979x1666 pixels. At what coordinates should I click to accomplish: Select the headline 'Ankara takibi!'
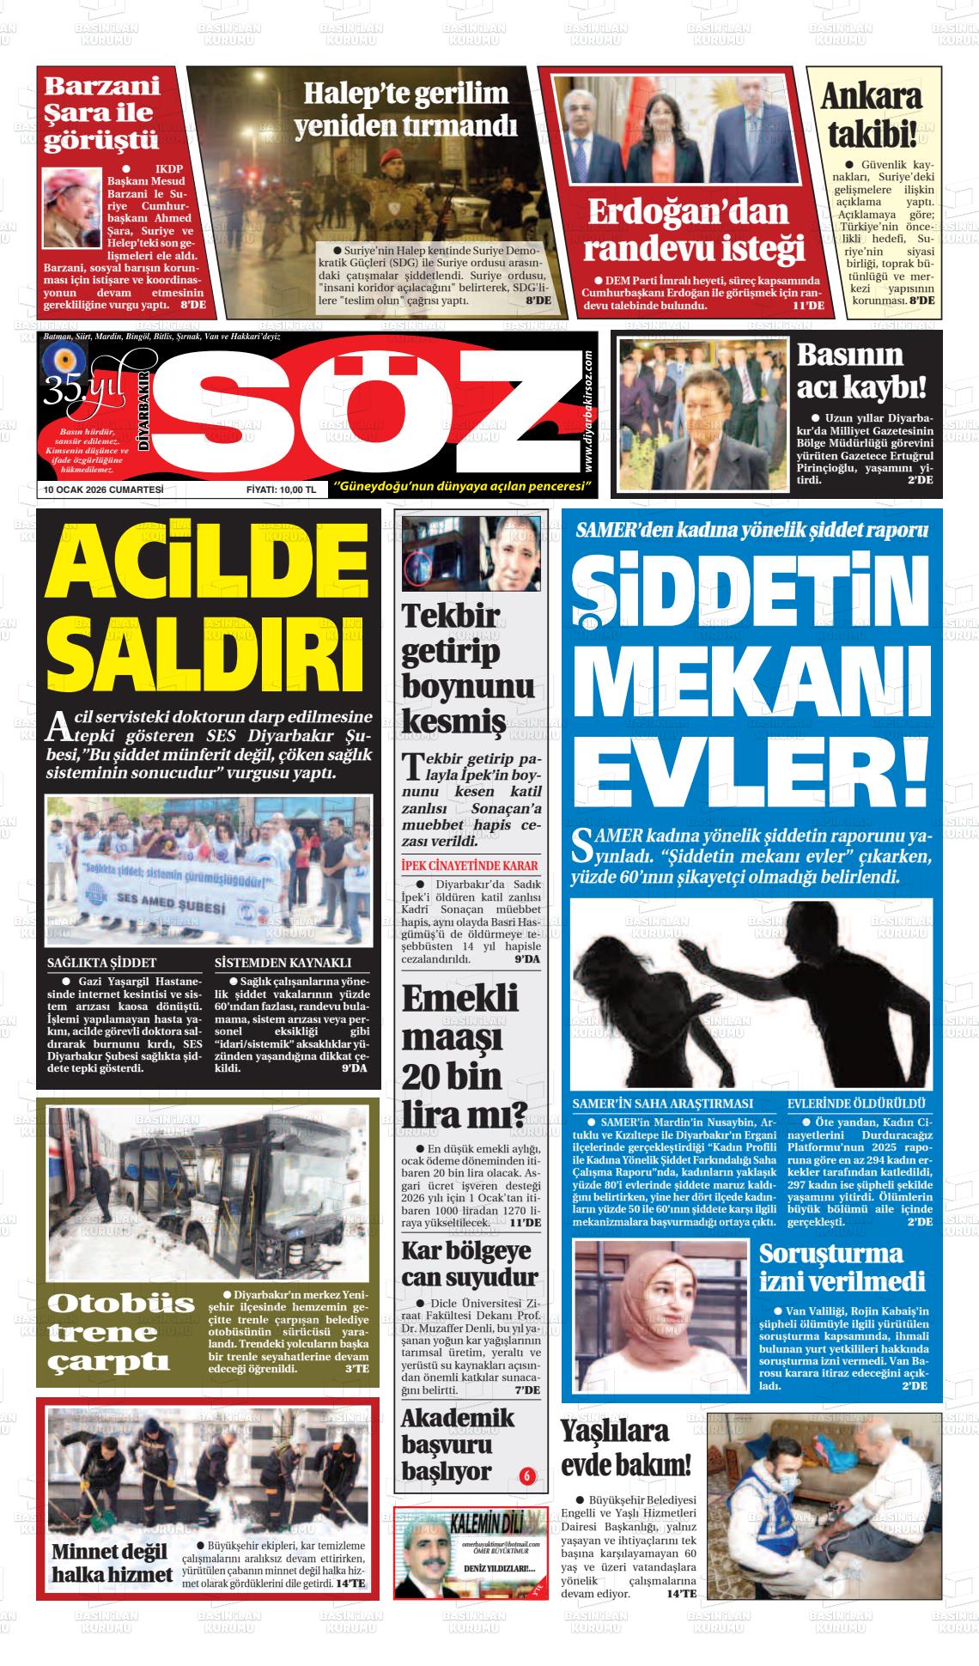(x=872, y=116)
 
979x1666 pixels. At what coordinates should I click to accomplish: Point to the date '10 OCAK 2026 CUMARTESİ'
(x=104, y=489)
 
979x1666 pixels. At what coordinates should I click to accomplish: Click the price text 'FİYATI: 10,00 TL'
(x=281, y=489)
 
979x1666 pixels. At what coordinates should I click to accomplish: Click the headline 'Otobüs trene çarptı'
(x=122, y=1332)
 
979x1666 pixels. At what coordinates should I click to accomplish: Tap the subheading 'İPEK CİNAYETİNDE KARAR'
(x=470, y=866)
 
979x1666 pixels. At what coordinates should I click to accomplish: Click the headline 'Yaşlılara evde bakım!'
(x=625, y=1448)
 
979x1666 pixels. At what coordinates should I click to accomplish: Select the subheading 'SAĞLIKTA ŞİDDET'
(x=101, y=963)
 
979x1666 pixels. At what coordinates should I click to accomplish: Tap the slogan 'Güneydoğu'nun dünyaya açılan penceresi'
(x=465, y=487)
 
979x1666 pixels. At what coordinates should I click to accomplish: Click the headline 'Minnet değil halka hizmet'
(x=112, y=1563)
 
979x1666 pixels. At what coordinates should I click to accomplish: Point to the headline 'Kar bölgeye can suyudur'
(x=470, y=1262)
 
